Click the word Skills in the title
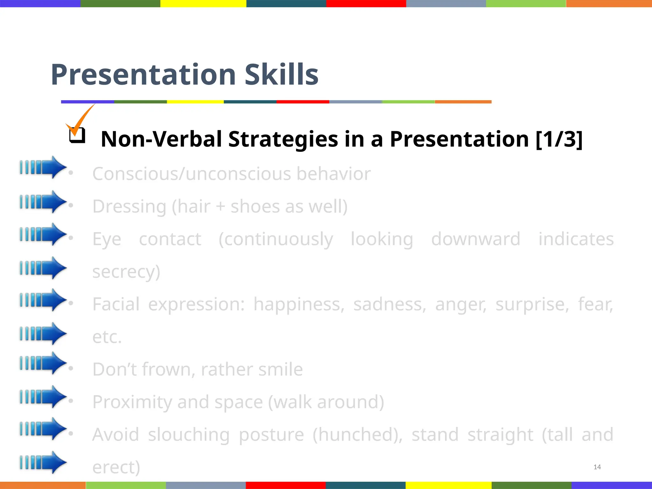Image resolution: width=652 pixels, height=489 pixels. pyautogui.click(x=281, y=75)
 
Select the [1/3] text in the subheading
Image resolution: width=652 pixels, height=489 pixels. pyautogui.click(x=559, y=139)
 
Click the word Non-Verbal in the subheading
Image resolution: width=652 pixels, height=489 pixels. pyautogui.click(x=161, y=139)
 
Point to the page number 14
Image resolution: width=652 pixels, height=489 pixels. pyautogui.click(x=597, y=467)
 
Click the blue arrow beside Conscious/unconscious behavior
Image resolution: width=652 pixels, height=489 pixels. pyautogui.click(x=43, y=167)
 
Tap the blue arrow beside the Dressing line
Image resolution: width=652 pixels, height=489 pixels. pyautogui.click(x=43, y=202)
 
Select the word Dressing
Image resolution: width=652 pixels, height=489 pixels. pyautogui.click(x=129, y=207)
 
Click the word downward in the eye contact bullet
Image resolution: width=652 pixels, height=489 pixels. pyautogui.click(x=476, y=239)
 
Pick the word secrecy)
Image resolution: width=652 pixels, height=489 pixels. pyautogui.click(x=126, y=272)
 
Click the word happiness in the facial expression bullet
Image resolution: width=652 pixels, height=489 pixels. pyautogui.click(x=299, y=304)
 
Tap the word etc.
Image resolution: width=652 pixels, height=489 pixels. pyautogui.click(x=107, y=337)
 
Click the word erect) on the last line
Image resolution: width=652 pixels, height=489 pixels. pyautogui.click(x=116, y=467)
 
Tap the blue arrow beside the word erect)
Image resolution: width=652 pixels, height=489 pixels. pyautogui.click(x=43, y=462)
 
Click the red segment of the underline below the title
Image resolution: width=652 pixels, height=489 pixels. pyautogui.click(x=302, y=102)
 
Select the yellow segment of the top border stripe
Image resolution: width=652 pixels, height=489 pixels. pyautogui.click(x=203, y=4)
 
